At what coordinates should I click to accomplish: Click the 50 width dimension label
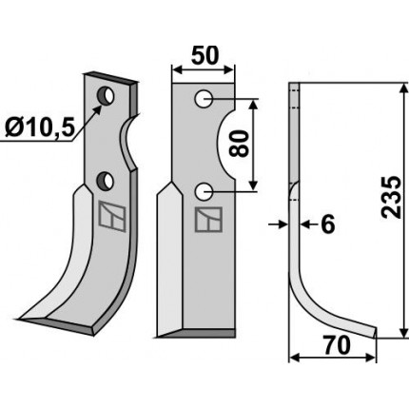point(204,55)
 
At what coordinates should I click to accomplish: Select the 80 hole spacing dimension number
point(239,144)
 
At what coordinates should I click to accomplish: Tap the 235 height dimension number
point(391,197)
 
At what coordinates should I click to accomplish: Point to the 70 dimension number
point(337,345)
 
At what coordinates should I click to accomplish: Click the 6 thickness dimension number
point(328,224)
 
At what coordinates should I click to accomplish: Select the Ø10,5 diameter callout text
point(40,127)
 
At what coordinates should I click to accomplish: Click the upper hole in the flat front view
point(204,99)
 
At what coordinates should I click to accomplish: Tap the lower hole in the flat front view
point(204,192)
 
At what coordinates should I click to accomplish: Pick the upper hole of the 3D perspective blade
point(107,95)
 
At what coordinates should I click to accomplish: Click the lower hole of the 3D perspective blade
point(106,182)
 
